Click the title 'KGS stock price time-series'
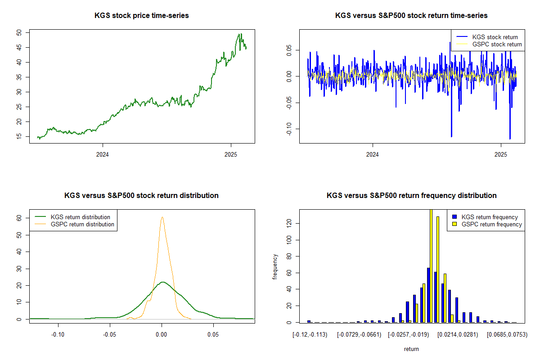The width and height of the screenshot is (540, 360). pos(141,16)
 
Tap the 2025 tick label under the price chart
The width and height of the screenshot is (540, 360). pos(231,154)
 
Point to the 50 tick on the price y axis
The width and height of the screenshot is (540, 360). pos(19,32)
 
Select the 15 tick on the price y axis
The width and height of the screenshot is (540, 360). pos(19,136)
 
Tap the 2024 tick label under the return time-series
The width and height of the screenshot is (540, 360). pos(373,154)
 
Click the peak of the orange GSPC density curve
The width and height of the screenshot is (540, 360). pos(162,217)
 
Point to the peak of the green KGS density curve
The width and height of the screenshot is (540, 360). pos(162,282)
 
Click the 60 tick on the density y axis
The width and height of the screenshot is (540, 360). pos(19,217)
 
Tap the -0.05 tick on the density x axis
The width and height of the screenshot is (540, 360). pos(110,335)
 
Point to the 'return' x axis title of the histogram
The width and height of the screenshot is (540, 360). pos(411,349)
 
